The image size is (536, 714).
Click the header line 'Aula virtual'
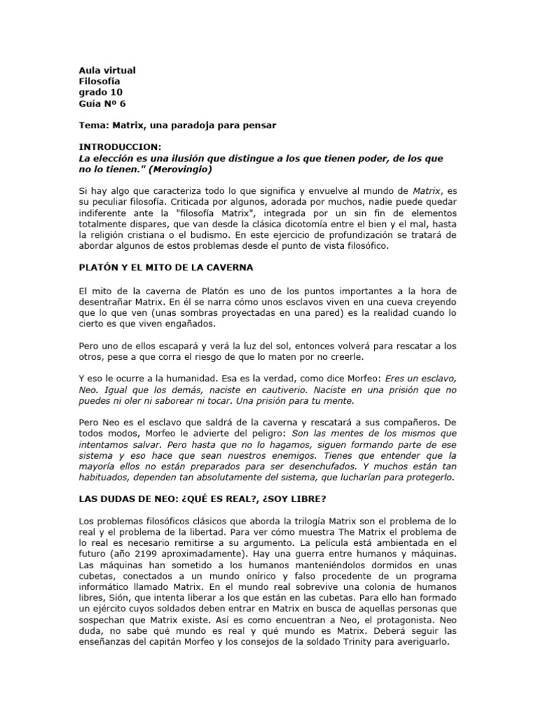tap(106, 70)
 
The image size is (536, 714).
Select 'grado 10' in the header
tap(99, 92)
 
